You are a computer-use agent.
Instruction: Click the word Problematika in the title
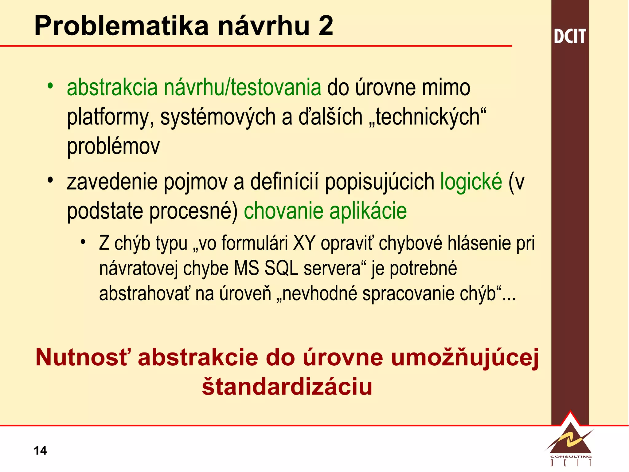coord(122,26)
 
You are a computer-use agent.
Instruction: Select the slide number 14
coord(40,450)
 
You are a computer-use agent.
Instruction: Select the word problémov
coord(113,146)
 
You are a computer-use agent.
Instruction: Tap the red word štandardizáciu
coord(287,387)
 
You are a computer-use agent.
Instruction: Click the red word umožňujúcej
coord(465,358)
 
